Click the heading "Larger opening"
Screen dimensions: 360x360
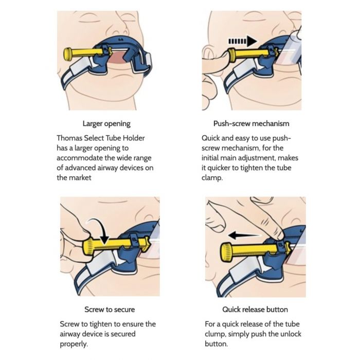106,124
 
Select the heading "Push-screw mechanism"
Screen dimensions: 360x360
251,123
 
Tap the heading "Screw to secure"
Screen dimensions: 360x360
110,310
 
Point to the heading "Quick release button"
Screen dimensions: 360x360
255,310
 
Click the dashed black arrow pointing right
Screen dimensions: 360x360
242,41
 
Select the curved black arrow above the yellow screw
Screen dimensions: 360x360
99,228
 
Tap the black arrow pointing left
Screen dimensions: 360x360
244,235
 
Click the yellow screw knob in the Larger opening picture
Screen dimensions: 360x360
68,55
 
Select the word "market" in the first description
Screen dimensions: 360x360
80,178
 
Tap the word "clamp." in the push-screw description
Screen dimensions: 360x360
212,178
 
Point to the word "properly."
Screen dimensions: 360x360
74,344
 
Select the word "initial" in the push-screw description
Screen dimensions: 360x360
210,158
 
